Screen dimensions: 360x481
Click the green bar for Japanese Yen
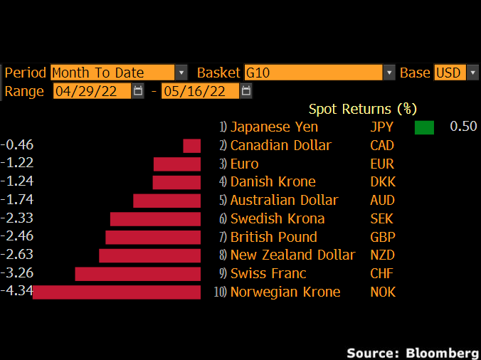pyautogui.click(x=424, y=127)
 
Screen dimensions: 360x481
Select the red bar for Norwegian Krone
pyautogui.click(x=117, y=292)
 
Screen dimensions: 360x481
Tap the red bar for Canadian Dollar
pyautogui.click(x=191, y=146)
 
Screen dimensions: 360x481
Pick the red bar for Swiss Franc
pyautogui.click(x=137, y=274)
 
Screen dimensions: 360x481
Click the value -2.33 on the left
pyautogui.click(x=18, y=218)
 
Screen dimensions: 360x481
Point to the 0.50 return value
pyautogui.click(x=463, y=127)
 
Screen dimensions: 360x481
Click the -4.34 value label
pyautogui.click(x=17, y=291)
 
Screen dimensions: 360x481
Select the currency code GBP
pyautogui.click(x=383, y=237)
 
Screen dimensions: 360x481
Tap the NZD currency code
pyautogui.click(x=383, y=255)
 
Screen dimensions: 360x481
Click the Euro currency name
pyautogui.click(x=245, y=164)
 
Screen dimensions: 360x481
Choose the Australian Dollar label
pyautogui.click(x=284, y=200)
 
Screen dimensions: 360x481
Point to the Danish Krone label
pyautogui.click(x=273, y=181)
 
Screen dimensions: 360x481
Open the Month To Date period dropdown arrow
pyautogui.click(x=181, y=73)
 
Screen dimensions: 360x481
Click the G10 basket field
pyautogui.click(x=313, y=73)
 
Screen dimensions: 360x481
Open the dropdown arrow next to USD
pyautogui.click(x=472, y=73)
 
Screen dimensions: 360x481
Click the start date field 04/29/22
pyautogui.click(x=92, y=91)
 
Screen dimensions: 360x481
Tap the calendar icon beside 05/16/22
pyautogui.click(x=246, y=91)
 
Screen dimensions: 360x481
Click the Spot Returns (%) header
pyautogui.click(x=362, y=109)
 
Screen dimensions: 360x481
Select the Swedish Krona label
pyautogui.click(x=277, y=218)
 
